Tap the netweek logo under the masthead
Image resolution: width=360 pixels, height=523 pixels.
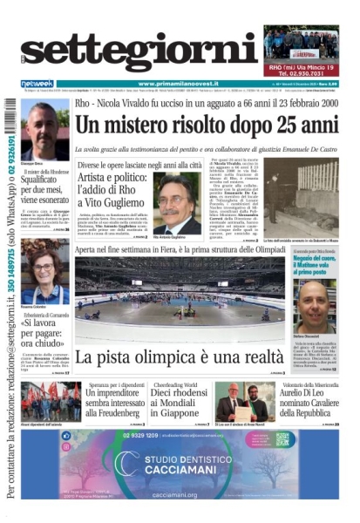point(37,84)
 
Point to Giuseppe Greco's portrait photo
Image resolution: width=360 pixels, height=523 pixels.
point(45,131)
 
